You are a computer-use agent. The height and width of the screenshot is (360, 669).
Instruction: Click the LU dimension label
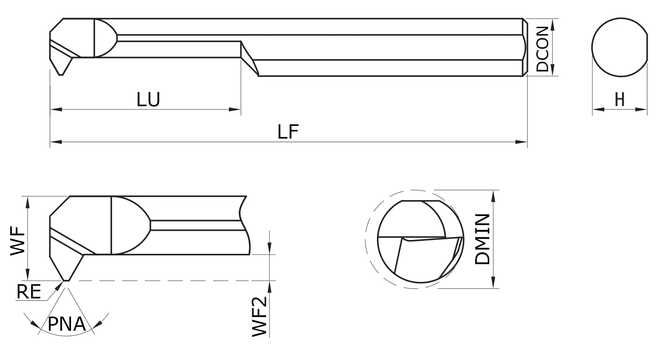click(x=148, y=99)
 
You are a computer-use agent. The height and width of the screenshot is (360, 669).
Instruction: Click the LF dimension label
click(x=288, y=132)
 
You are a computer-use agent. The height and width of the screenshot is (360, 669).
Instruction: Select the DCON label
click(x=542, y=49)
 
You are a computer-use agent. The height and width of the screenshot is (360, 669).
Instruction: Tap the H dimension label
click(x=620, y=99)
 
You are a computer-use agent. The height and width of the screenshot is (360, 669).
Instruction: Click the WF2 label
click(x=260, y=317)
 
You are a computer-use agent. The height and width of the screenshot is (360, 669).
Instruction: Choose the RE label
click(x=28, y=292)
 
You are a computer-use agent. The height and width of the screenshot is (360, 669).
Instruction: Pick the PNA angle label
click(x=66, y=324)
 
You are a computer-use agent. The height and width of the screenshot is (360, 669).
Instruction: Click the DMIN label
click(x=483, y=239)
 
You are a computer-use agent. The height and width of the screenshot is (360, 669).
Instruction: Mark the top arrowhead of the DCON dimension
click(x=552, y=23)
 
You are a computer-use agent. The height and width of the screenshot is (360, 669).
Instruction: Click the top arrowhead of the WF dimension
click(x=28, y=201)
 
